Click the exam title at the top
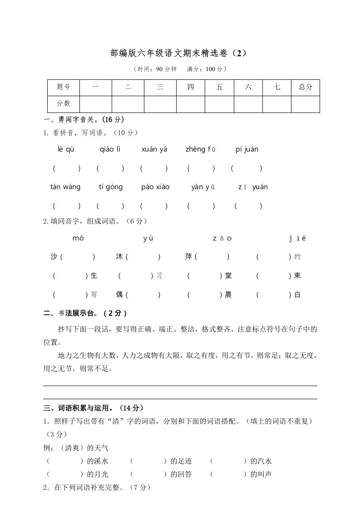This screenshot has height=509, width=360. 179,53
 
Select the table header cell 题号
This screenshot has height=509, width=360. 64,88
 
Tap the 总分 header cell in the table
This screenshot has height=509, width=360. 306,88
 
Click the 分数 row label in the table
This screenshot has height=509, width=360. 64,104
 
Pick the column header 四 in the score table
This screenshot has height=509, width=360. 190,88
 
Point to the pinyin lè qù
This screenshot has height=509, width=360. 66,149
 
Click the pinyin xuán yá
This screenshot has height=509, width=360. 154,149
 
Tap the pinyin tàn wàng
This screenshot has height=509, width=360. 65,187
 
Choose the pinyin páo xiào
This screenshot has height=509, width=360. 155,187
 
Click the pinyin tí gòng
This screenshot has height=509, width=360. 111,187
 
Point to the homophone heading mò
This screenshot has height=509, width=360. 78,238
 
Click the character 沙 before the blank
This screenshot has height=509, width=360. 54,257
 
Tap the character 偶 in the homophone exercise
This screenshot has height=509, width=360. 119,295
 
